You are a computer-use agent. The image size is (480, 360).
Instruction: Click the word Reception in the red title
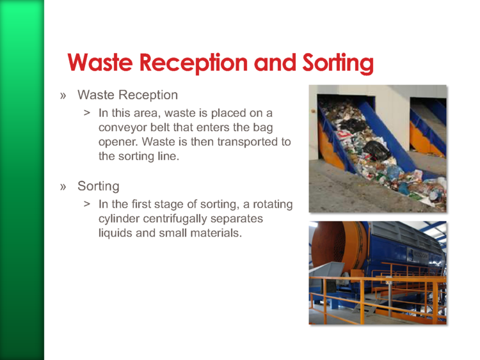[193, 63]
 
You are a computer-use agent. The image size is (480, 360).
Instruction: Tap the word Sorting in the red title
[338, 63]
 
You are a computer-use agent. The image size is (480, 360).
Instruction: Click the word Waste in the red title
[100, 63]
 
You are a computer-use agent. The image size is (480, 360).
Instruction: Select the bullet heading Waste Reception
[127, 95]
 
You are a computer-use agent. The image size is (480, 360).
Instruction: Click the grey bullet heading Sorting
[99, 186]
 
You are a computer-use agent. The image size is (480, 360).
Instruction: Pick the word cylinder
[119, 219]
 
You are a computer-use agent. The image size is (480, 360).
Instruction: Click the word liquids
[115, 233]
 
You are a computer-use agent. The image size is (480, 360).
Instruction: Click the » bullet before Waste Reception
[63, 96]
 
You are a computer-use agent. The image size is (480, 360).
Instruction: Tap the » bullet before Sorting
[63, 187]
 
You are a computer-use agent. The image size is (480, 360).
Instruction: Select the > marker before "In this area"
[87, 113]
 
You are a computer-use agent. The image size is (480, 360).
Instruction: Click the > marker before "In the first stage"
[87, 204]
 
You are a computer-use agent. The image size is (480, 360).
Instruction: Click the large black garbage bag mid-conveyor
[376, 150]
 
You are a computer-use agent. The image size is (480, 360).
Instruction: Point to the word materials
[216, 233]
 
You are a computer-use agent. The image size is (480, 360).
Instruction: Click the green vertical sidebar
[22, 180]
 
